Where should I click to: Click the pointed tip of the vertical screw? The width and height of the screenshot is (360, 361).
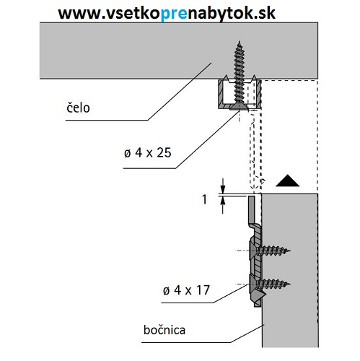coord(237,45)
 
